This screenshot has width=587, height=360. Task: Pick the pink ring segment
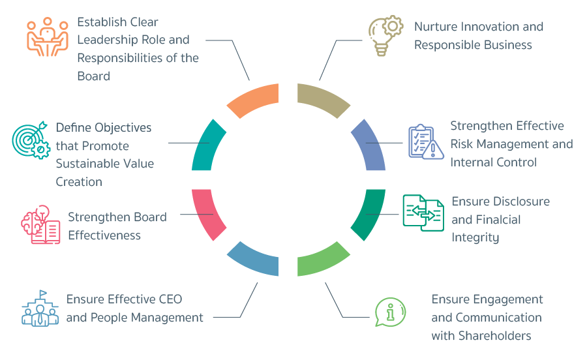[208, 212]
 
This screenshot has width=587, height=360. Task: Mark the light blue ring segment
[254, 259]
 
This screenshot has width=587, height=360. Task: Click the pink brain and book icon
[40, 224]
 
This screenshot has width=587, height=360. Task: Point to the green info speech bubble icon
[390, 312]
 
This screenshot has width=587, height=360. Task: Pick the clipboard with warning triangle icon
[425, 142]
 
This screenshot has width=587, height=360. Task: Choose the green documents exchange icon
[423, 213]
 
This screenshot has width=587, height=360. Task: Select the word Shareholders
[481, 336]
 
